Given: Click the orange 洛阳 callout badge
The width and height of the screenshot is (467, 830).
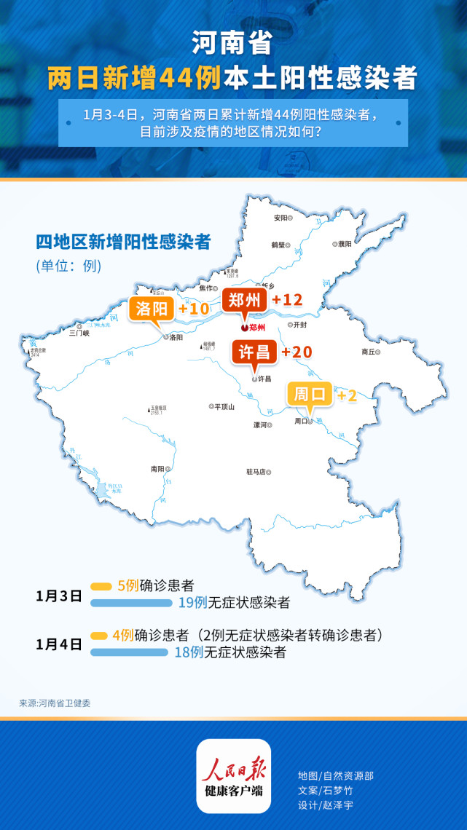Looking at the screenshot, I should point(151,309).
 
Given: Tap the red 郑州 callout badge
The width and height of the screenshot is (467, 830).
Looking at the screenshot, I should point(245,300).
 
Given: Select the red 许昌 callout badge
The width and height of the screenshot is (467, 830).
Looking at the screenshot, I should point(254,352).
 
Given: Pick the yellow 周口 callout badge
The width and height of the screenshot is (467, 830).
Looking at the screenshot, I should point(310,395).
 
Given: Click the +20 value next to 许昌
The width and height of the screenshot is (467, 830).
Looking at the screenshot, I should point(297,352).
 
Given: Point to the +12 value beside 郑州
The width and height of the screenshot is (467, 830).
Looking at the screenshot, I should point(286,300).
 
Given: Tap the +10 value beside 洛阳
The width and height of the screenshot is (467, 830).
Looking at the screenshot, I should point(193,309).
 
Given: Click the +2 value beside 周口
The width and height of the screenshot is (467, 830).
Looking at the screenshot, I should point(347,396).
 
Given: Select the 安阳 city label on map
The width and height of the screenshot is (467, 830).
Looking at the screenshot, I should point(280,218).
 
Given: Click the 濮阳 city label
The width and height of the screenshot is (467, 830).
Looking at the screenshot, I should point(343,245).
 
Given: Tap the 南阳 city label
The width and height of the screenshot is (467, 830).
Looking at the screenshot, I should point(157,470).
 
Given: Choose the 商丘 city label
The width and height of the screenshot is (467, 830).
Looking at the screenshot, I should point(370,351).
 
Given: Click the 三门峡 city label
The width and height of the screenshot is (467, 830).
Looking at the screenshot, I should point(79,333).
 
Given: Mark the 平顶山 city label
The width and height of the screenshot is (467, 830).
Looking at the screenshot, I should point(224,407).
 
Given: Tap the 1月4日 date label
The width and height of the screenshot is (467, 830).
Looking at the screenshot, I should point(58,644).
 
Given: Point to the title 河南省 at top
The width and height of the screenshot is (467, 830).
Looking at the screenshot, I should point(232,44).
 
